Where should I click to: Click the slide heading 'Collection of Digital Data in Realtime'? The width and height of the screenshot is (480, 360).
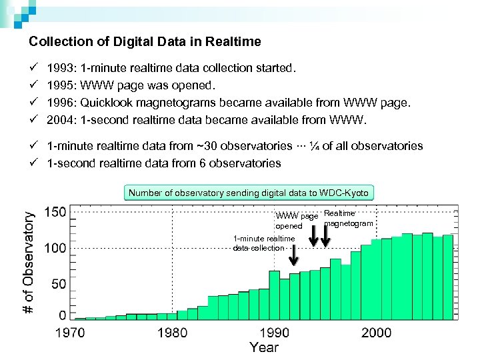145,41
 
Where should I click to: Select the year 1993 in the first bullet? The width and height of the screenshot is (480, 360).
61,68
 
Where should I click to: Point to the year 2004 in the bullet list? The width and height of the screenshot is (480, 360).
61,120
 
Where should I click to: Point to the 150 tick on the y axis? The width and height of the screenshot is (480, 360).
55,212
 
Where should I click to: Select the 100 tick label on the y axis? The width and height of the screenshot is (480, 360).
55,248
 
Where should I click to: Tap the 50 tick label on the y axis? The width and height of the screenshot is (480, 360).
59,284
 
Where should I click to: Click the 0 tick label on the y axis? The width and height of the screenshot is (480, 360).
63,314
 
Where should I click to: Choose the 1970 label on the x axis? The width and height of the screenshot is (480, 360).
70,333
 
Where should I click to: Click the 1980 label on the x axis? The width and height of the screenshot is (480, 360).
172,333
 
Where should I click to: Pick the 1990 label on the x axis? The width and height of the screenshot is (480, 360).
274,333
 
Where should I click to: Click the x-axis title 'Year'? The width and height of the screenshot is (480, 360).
265,347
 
